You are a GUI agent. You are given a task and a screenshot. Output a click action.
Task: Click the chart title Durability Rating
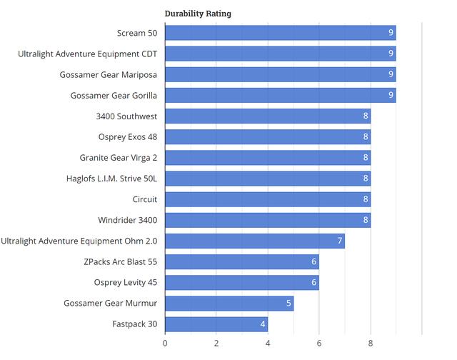click(198, 13)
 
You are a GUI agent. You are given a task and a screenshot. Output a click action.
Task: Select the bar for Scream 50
click(280, 33)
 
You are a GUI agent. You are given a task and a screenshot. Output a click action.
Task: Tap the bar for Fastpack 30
click(216, 324)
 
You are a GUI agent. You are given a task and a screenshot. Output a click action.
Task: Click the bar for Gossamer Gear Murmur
click(229, 304)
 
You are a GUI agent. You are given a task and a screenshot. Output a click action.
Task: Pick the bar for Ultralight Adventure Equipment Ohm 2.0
click(255, 241)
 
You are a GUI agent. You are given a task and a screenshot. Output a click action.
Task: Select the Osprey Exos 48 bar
click(268, 137)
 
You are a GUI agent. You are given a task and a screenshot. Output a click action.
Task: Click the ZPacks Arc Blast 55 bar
click(242, 262)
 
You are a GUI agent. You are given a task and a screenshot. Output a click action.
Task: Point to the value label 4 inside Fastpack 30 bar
click(262, 324)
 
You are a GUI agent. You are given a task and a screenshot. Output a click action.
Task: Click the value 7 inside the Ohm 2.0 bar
click(339, 241)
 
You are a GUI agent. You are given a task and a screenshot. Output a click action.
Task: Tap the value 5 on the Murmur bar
click(288, 304)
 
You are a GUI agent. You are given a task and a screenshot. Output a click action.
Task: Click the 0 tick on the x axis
click(165, 343)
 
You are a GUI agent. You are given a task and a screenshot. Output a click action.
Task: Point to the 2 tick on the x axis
click(216, 343)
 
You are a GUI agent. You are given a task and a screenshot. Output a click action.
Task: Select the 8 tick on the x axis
click(371, 343)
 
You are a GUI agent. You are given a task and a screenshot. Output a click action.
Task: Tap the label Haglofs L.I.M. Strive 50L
click(111, 179)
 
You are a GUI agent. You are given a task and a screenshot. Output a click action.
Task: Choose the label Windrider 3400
click(127, 220)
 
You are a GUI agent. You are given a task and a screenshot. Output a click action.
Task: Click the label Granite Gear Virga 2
click(119, 158)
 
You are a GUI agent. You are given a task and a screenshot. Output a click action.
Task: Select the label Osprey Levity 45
click(125, 283)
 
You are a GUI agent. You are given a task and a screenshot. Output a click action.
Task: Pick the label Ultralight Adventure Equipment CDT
click(88, 54)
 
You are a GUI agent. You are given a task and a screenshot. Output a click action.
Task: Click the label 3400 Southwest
click(126, 116)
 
